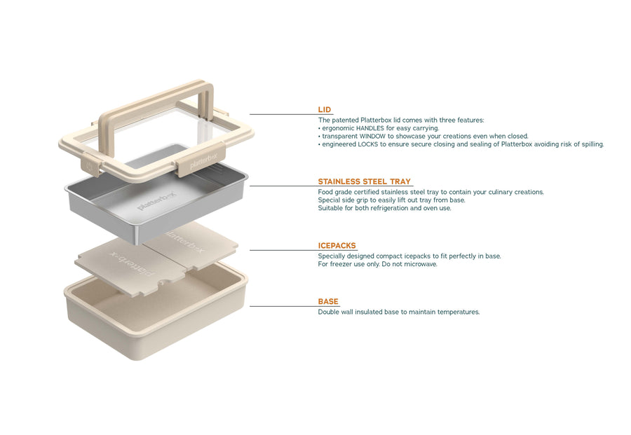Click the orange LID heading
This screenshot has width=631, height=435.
pyautogui.click(x=325, y=110)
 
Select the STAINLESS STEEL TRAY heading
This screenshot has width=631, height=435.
pyautogui.click(x=364, y=181)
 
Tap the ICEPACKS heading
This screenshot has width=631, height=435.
pyautogui.click(x=337, y=246)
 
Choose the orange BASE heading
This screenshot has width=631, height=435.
pyautogui.click(x=328, y=302)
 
